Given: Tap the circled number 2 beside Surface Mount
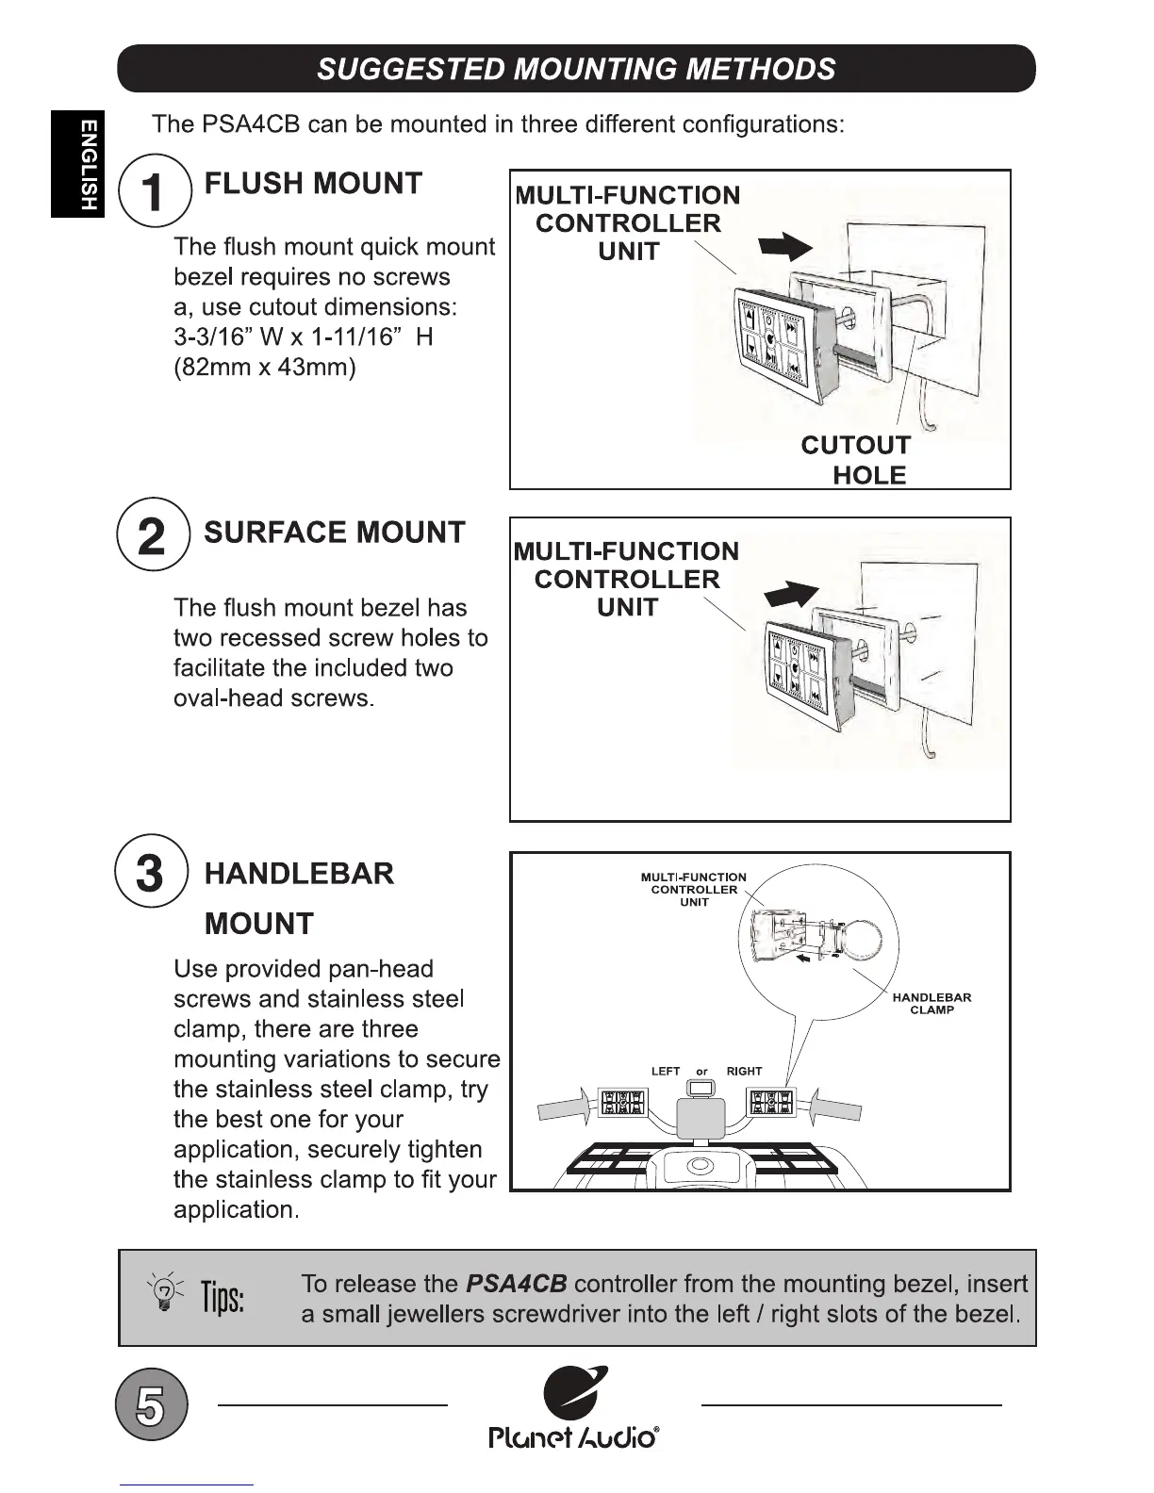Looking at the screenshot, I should (151, 534).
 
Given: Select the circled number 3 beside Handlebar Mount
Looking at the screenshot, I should (151, 872).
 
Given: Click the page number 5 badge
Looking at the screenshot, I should (151, 1404).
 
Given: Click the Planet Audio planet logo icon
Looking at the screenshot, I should (575, 1393).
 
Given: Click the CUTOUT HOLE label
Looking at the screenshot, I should (856, 460).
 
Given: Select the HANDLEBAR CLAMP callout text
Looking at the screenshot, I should (931, 1004).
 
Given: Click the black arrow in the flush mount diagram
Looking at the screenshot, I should (785, 247).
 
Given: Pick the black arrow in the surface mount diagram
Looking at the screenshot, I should (792, 595).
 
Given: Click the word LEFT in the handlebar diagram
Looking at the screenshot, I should (666, 1072).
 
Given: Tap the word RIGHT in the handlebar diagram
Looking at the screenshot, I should (744, 1072).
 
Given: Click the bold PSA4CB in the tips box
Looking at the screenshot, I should (517, 1285).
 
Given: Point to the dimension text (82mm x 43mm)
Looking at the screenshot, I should (265, 367).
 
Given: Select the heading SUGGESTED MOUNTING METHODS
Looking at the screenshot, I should (576, 69).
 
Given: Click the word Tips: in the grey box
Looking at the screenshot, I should (222, 1298).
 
